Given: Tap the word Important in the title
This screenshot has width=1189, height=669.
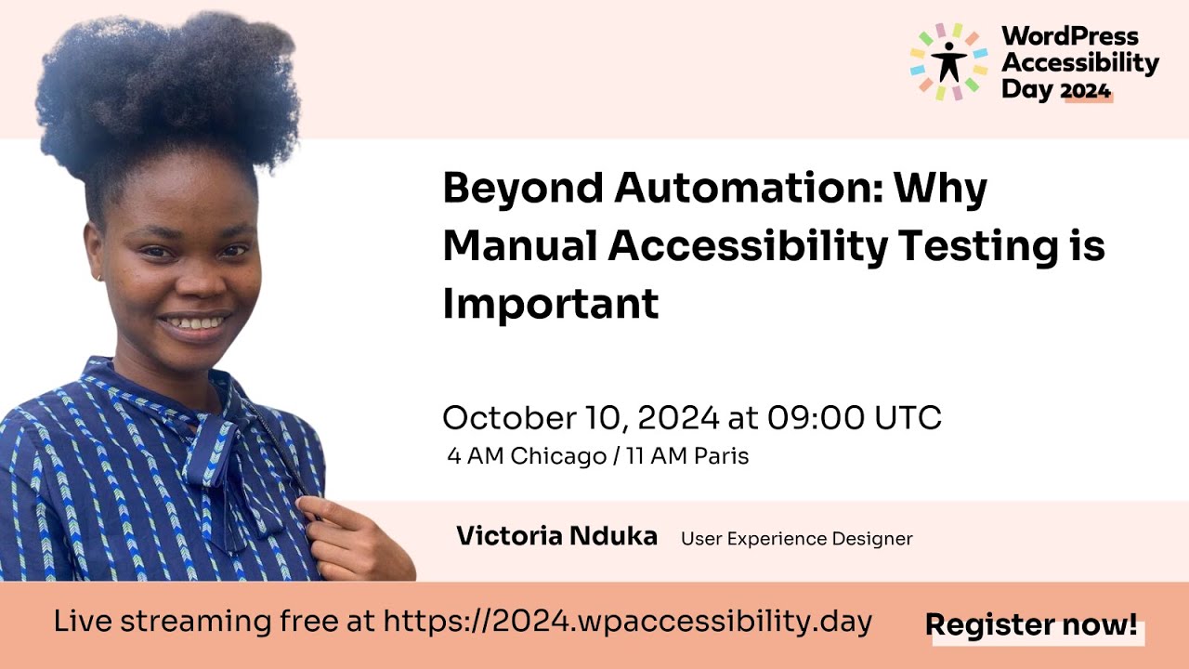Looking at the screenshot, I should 550,304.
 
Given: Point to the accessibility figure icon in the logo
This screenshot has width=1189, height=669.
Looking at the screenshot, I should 948,60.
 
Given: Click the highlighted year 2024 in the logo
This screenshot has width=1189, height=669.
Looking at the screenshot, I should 1086,90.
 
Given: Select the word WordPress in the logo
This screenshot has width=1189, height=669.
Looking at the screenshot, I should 1069,36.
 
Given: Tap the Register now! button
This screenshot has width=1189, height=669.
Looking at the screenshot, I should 1031,625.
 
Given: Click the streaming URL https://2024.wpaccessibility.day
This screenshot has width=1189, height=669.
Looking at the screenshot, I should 627,622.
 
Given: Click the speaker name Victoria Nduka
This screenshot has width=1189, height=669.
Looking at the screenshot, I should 556,536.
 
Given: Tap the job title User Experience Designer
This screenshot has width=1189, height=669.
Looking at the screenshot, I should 796,539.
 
